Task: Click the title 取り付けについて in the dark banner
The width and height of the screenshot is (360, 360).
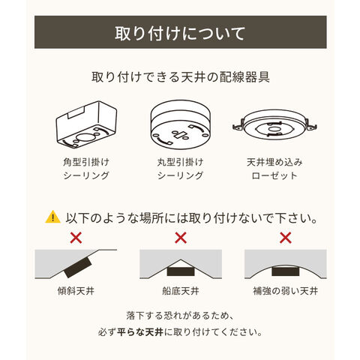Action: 180,33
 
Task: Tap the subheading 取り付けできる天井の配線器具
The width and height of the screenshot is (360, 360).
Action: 181,77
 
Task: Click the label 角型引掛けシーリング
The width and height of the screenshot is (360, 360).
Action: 86,169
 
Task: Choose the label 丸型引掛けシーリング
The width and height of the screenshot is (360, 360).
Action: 181,169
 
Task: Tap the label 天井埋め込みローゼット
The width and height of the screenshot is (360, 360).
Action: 274,169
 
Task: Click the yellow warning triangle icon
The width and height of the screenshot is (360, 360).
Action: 52,217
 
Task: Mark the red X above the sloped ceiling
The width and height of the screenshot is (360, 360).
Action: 76,238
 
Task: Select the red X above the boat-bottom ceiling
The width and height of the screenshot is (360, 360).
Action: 181,238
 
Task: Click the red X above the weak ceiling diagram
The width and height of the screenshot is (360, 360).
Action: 285,238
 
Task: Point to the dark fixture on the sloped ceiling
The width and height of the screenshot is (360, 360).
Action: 78,267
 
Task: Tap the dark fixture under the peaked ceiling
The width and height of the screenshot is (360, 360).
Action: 181,271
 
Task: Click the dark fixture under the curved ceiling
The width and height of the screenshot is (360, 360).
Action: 285,271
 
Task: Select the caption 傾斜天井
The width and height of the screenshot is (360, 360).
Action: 76,291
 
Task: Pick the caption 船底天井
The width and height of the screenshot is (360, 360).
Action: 181,291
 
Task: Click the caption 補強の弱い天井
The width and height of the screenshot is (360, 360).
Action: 285,291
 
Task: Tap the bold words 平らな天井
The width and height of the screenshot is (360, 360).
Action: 140,332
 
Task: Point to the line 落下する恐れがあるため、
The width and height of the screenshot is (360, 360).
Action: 181,316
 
